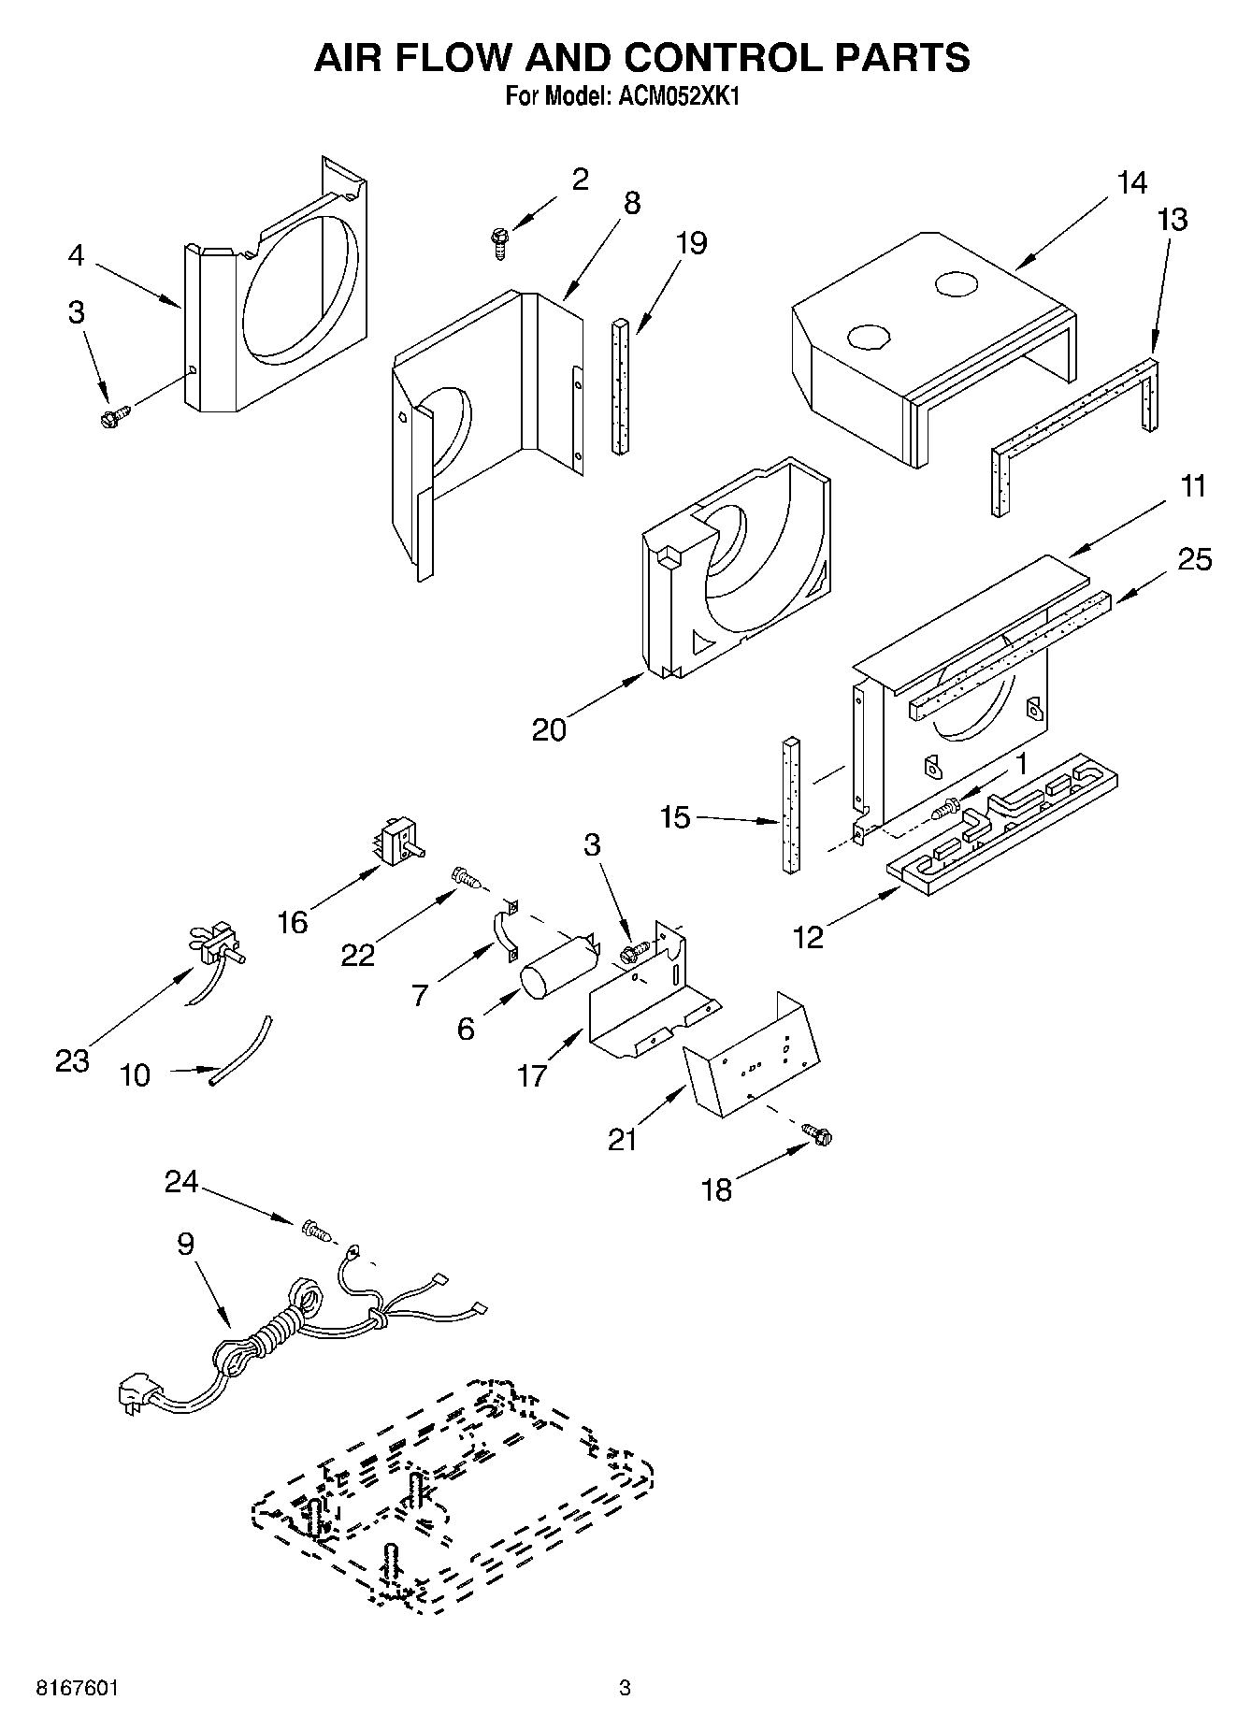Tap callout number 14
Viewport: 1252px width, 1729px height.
tap(1131, 182)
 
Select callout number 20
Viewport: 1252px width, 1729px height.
tap(549, 728)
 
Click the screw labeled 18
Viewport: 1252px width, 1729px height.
tap(818, 1135)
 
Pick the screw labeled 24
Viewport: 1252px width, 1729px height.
tap(316, 1231)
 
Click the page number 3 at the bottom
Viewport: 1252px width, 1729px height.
tap(625, 1689)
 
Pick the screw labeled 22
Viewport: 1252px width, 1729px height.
tap(465, 876)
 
